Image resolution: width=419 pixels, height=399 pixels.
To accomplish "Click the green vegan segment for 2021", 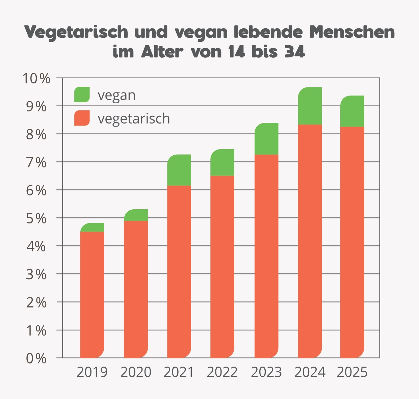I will [179, 170].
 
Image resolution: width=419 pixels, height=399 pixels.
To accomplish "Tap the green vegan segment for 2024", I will [310, 106].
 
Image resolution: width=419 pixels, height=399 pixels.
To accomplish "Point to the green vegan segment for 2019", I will [92, 228].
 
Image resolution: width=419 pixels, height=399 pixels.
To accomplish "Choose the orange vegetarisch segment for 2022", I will [222, 267].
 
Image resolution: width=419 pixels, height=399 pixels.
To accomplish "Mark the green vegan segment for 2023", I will [266, 139].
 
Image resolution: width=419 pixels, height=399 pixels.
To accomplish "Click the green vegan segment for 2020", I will [136, 215].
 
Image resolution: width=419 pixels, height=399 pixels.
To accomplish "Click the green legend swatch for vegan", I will [82, 95].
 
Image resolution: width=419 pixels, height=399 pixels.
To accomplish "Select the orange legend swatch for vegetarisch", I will [82, 118].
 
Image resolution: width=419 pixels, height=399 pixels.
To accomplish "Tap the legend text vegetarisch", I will [134, 119].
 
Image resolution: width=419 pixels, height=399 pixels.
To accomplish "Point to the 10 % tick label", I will [36, 79].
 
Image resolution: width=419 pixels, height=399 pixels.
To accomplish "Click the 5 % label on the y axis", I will [36, 218].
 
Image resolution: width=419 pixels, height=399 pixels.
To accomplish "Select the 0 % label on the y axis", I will [36, 358].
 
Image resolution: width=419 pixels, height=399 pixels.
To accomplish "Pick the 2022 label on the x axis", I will [222, 372].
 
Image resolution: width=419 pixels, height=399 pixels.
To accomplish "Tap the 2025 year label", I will [352, 372].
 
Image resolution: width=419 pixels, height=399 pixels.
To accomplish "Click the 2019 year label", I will [92, 372].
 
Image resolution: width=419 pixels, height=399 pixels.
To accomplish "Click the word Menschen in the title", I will [352, 32].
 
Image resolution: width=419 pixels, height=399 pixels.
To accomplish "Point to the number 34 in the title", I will [294, 52].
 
